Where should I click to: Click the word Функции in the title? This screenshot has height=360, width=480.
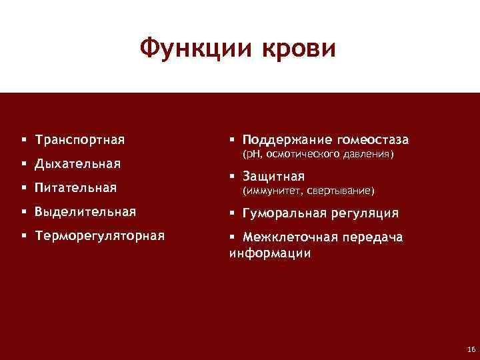(189, 49)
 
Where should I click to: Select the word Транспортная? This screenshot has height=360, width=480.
(80, 141)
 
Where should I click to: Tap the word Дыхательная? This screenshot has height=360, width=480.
(78, 164)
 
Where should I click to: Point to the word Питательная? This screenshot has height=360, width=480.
(76, 187)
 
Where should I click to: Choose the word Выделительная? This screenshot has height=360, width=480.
(85, 212)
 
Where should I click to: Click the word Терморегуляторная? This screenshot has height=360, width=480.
(100, 236)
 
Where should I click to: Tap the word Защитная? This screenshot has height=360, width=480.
(273, 177)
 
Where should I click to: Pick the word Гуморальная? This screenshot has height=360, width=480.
(285, 213)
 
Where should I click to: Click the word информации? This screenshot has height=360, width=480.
(270, 253)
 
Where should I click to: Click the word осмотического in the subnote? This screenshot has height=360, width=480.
(303, 155)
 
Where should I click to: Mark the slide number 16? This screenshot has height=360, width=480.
(471, 349)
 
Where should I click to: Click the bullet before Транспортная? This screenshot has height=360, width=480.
(23, 141)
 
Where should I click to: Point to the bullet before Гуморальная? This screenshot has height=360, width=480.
(233, 213)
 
